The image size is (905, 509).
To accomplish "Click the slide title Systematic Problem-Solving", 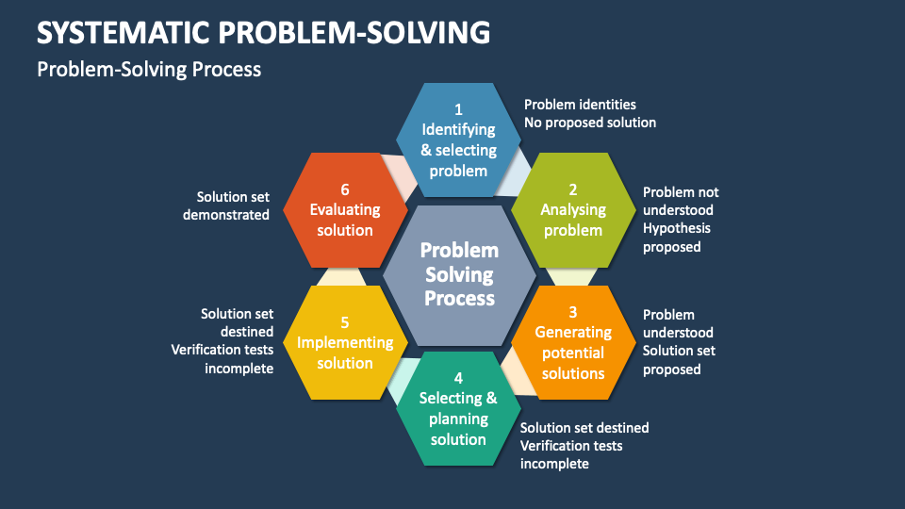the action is pos(263,32).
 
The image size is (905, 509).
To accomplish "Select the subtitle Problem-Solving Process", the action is pos(149,69).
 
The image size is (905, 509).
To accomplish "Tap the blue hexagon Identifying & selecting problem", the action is pos(458,140).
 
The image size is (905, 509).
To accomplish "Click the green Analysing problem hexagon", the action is pos(573,210).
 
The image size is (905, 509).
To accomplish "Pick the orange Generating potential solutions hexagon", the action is pos(573,343).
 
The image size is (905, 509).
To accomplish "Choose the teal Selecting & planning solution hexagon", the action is pos(458,408).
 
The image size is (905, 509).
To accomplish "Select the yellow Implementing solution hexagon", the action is pos(345,343).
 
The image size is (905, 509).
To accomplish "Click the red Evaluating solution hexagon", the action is pos(345,210).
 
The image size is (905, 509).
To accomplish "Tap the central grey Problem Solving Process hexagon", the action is pos(459,275).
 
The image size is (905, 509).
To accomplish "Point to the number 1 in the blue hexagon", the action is pos(458,109).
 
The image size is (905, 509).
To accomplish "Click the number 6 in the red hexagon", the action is pos(345,189).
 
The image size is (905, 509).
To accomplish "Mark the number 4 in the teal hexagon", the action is pos(458,378).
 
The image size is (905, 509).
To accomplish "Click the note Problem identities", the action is pos(580,105).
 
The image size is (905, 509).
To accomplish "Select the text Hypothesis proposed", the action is pos(677,238).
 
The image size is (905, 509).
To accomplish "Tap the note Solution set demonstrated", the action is pos(226,205).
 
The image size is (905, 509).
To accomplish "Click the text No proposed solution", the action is pos(590,123).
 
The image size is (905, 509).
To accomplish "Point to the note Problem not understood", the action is pos(681,201).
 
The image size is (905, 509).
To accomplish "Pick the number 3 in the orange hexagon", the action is pos(573,312).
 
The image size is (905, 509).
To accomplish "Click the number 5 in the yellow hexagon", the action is pos(345,322).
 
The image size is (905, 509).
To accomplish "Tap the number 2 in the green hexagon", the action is pos(573,189).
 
